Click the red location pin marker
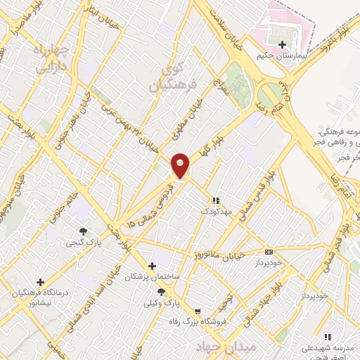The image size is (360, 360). pyautogui.click(x=181, y=165)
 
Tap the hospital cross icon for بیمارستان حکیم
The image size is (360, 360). pyautogui.click(x=283, y=44)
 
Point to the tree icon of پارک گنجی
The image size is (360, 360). pyautogui.click(x=84, y=231)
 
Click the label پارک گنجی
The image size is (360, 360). pyautogui.click(x=84, y=243)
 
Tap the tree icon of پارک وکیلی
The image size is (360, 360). pyautogui.click(x=161, y=292)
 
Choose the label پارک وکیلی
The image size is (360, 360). pyautogui.click(x=160, y=303)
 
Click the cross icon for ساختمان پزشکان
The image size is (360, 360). pyautogui.click(x=152, y=266)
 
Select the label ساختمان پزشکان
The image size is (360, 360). pyautogui.click(x=152, y=277)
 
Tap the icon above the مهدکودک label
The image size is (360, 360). pyautogui.click(x=216, y=200)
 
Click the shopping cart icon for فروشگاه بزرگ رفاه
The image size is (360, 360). pyautogui.click(x=199, y=311)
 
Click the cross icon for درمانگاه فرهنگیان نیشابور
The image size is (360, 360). pyautogui.click(x=40, y=282)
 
